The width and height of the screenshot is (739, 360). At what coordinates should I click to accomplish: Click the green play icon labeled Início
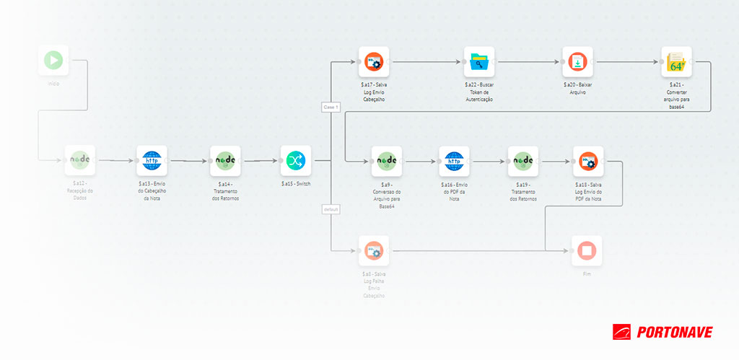click(53, 61)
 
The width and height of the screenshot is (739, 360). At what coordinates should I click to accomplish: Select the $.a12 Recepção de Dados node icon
click(79, 161)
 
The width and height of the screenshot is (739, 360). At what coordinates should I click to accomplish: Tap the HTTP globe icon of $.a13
click(152, 161)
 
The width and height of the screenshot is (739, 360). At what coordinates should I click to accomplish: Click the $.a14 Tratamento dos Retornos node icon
click(225, 161)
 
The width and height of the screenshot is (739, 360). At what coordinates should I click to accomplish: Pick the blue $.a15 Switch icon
click(296, 161)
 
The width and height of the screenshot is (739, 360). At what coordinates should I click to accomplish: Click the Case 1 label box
click(331, 107)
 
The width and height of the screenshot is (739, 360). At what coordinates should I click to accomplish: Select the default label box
click(331, 209)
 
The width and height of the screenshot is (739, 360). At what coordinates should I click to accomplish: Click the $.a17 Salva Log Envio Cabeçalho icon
click(374, 62)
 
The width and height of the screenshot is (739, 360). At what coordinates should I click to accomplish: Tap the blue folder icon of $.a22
click(479, 62)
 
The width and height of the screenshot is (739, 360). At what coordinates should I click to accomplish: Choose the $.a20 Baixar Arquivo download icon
click(577, 62)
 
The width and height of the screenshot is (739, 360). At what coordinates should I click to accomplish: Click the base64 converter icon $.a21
click(676, 62)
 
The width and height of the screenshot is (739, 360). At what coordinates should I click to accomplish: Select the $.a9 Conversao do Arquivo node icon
click(386, 162)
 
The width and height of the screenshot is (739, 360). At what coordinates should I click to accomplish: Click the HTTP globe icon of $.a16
click(454, 162)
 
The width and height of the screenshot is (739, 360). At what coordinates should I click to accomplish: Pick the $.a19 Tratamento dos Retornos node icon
click(522, 162)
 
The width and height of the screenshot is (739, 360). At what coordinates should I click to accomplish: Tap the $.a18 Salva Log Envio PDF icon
click(588, 162)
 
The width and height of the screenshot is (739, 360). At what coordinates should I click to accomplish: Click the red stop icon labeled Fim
click(587, 251)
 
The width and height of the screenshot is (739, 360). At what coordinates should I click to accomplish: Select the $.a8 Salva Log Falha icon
click(374, 251)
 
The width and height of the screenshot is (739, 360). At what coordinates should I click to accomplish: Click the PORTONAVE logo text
click(673, 332)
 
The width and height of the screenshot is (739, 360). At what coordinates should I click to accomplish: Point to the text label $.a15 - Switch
click(296, 184)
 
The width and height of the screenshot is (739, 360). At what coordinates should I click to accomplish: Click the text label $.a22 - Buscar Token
click(479, 88)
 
